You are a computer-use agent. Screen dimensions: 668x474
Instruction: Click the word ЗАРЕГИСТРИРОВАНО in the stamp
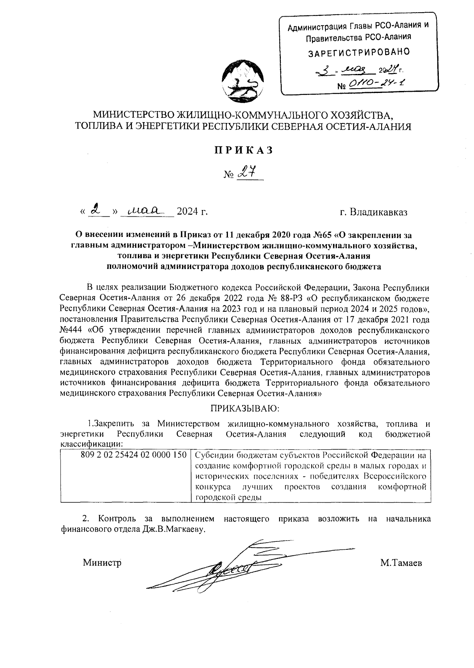(359, 52)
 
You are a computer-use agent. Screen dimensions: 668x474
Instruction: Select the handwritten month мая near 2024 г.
(145, 210)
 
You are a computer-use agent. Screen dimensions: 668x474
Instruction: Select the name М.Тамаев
(401, 563)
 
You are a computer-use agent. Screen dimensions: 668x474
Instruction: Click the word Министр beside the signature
(102, 563)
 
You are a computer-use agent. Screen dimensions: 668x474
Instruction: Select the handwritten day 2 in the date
(94, 210)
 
